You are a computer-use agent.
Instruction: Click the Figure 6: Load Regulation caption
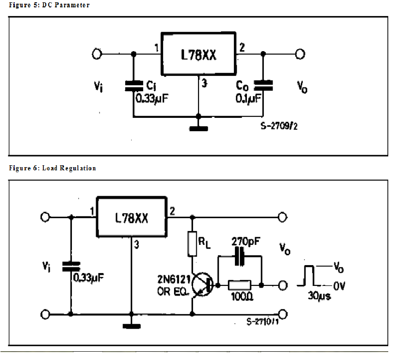(x=53, y=168)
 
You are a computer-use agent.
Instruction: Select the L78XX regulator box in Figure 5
(x=198, y=54)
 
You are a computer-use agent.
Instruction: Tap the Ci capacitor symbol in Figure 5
(x=134, y=85)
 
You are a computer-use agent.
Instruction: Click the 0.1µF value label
(x=248, y=98)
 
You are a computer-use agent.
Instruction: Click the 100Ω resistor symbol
(x=240, y=285)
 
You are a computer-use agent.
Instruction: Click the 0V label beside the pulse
(x=339, y=286)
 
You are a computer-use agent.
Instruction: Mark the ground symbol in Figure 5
(x=198, y=128)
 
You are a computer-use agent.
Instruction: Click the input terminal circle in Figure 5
(x=97, y=54)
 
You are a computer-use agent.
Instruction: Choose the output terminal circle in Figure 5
(x=300, y=54)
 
